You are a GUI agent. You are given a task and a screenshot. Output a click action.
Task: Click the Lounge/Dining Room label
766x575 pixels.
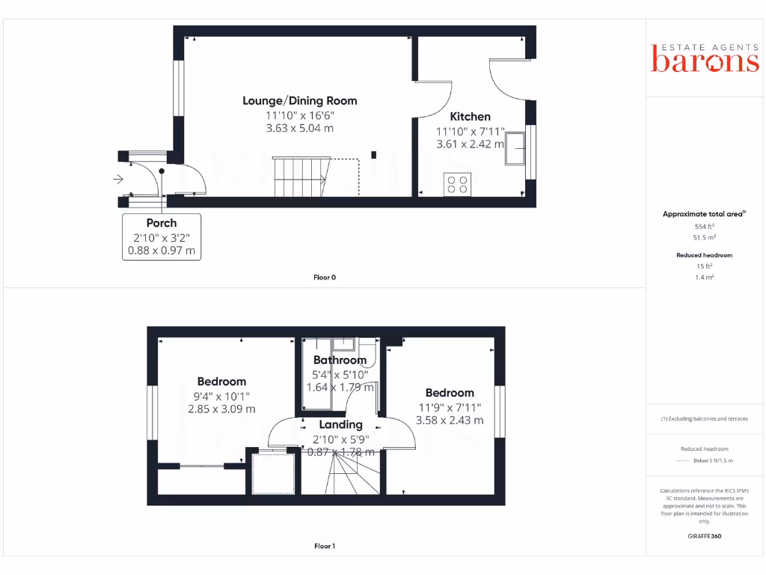click(x=299, y=100)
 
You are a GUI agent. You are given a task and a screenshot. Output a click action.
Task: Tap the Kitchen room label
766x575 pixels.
click(x=470, y=116)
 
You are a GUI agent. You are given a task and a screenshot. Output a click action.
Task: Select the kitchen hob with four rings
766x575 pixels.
click(x=458, y=184)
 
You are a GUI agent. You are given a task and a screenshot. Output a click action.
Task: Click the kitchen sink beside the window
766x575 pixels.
click(x=515, y=150)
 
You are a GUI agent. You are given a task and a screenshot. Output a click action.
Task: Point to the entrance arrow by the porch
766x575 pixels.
click(x=118, y=179)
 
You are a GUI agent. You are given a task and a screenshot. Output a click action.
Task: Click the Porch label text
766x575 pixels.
click(x=162, y=222)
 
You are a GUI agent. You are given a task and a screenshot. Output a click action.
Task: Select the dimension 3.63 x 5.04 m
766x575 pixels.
click(x=299, y=128)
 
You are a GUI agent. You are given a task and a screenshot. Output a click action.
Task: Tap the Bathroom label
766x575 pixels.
click(x=340, y=360)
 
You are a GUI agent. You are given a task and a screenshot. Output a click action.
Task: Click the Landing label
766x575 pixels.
click(x=340, y=425)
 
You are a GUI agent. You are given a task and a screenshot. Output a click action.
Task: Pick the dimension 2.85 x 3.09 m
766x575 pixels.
click(x=221, y=409)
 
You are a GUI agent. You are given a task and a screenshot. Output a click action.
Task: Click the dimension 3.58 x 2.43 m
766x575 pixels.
click(x=450, y=420)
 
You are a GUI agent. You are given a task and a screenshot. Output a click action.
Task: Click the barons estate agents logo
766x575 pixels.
click(x=705, y=58)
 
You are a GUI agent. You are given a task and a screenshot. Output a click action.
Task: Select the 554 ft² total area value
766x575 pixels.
click(x=705, y=226)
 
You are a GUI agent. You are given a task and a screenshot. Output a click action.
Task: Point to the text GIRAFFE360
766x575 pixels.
click(x=705, y=536)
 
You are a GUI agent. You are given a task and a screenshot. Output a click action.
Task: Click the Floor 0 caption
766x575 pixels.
click(x=324, y=277)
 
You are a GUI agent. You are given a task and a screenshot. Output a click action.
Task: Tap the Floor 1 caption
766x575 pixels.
click(x=324, y=546)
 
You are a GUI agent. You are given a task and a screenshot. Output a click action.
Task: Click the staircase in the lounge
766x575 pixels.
click(x=300, y=177)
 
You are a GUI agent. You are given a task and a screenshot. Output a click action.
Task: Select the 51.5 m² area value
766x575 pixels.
click(x=705, y=237)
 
